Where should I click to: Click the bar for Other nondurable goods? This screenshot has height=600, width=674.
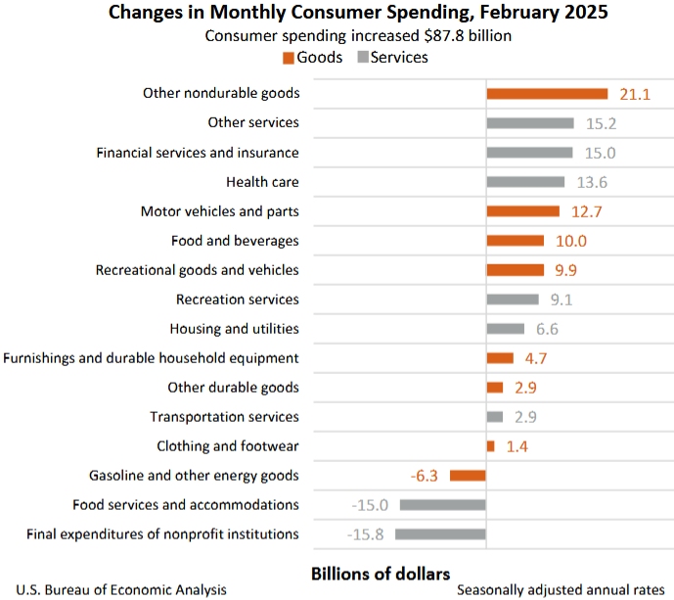(548, 94)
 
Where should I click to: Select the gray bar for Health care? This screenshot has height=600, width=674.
(525, 182)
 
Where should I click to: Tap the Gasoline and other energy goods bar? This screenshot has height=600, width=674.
(468, 476)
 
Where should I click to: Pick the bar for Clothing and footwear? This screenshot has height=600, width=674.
(490, 446)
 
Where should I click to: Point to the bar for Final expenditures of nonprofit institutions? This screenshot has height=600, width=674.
(440, 534)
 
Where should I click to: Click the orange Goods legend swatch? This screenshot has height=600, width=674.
(289, 58)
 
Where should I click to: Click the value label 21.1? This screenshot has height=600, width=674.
(634, 94)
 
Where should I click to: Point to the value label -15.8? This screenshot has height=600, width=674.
(368, 534)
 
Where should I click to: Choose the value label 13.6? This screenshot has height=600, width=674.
(591, 182)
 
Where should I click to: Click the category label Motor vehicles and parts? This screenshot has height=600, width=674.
(219, 211)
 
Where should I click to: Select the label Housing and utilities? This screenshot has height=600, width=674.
(234, 329)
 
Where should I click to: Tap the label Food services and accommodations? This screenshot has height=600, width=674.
(186, 505)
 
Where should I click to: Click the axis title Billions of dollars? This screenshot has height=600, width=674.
(380, 573)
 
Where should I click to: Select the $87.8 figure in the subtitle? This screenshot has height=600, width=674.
(425, 36)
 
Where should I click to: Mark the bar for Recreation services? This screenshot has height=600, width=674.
(513, 300)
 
